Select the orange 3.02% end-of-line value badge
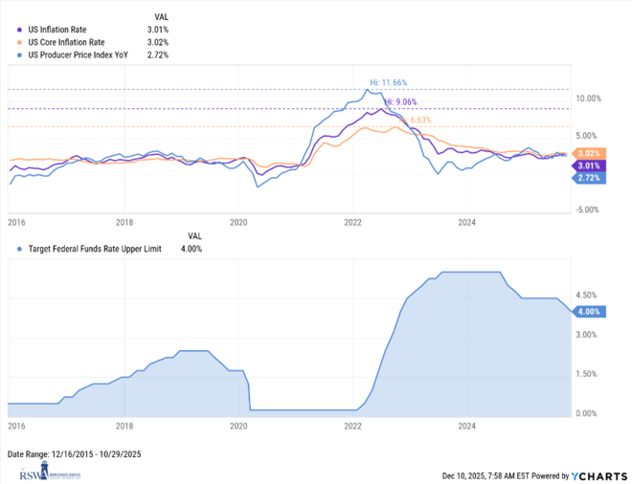588,154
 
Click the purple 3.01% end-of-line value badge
588,165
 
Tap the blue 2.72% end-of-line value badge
588,178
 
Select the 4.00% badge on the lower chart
588,312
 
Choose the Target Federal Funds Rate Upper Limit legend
95,249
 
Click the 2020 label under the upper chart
238,222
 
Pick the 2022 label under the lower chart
352,425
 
